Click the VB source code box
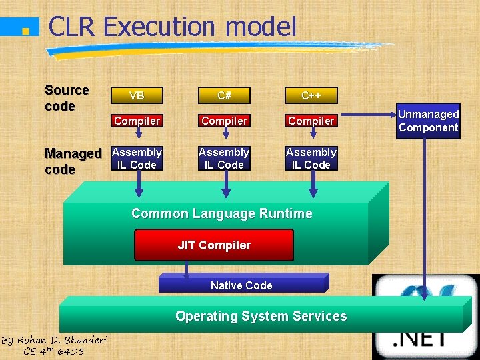pyautogui.click(x=137, y=95)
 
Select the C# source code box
pyautogui.click(x=224, y=95)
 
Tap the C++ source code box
pyautogui.click(x=311, y=95)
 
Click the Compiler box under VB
pyautogui.click(x=137, y=121)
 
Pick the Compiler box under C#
pyautogui.click(x=224, y=121)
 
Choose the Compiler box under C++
pyautogui.click(x=311, y=121)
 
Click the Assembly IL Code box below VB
pyautogui.click(x=137, y=159)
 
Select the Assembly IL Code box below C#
pyautogui.click(x=224, y=159)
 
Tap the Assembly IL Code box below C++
pyautogui.click(x=311, y=159)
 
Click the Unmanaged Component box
pyautogui.click(x=429, y=121)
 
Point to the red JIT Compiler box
pyautogui.click(x=214, y=245)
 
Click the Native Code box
pyautogui.click(x=241, y=285)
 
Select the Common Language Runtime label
pyautogui.click(x=221, y=213)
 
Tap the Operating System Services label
pyautogui.click(x=261, y=316)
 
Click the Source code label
pyautogui.click(x=67, y=98)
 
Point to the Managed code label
pyautogui.click(x=73, y=161)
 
